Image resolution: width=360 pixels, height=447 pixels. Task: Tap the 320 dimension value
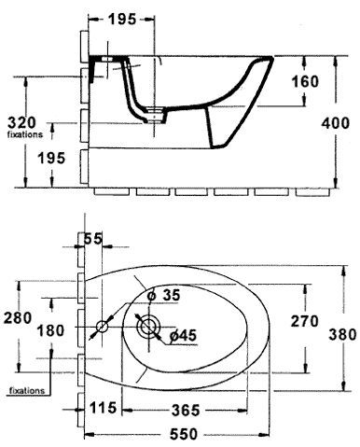tap(21, 122)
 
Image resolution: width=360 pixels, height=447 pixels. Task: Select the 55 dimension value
tap(93, 240)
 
